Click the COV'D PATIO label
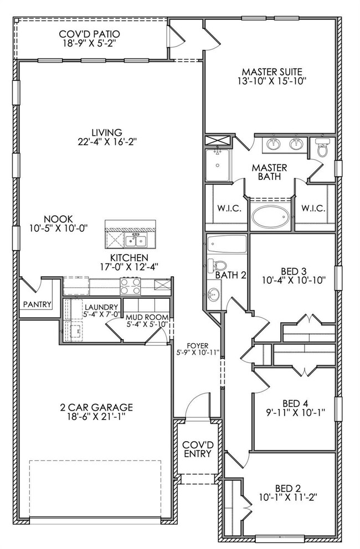click(x=89, y=34)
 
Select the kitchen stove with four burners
click(x=130, y=286)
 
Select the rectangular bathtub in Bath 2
click(x=227, y=245)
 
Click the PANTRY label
click(x=37, y=304)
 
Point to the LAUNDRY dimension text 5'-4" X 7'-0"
click(x=102, y=314)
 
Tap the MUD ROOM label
click(x=147, y=317)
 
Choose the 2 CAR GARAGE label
click(x=96, y=407)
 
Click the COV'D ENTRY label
click(x=198, y=449)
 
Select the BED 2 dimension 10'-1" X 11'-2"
click(x=288, y=497)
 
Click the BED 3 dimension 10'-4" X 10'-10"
click(x=294, y=280)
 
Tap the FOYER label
click(x=197, y=345)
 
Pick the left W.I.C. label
click(x=229, y=209)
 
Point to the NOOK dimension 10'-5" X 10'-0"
click(x=58, y=228)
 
